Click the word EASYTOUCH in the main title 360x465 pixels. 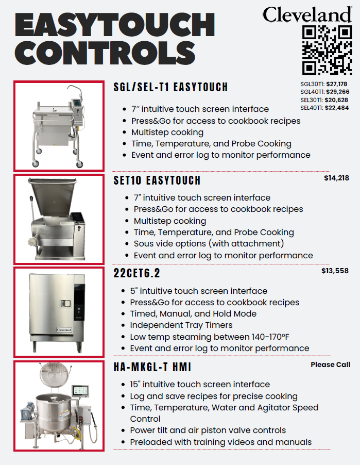pyautogui.click(x=115, y=24)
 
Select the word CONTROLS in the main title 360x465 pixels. pyautogui.click(x=105, y=53)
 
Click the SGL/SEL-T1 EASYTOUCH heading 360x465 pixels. pyautogui.click(x=170, y=87)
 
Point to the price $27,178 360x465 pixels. pyautogui.click(x=337, y=84)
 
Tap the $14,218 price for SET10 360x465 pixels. pyautogui.click(x=337, y=178)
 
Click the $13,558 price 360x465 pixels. pyautogui.click(x=335, y=271)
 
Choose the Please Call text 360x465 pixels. pyautogui.click(x=330, y=364)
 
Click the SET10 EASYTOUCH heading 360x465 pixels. pyautogui.click(x=157, y=181)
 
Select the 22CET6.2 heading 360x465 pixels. pyautogui.click(x=136, y=273)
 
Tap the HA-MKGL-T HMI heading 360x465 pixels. pyautogui.click(x=152, y=368)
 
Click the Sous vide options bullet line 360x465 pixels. pyautogui.click(x=209, y=244)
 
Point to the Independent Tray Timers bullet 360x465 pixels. pyautogui.click(x=181, y=325)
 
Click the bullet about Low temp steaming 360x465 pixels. pyautogui.click(x=209, y=337)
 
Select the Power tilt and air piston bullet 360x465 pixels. pyautogui.click(x=208, y=430)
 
